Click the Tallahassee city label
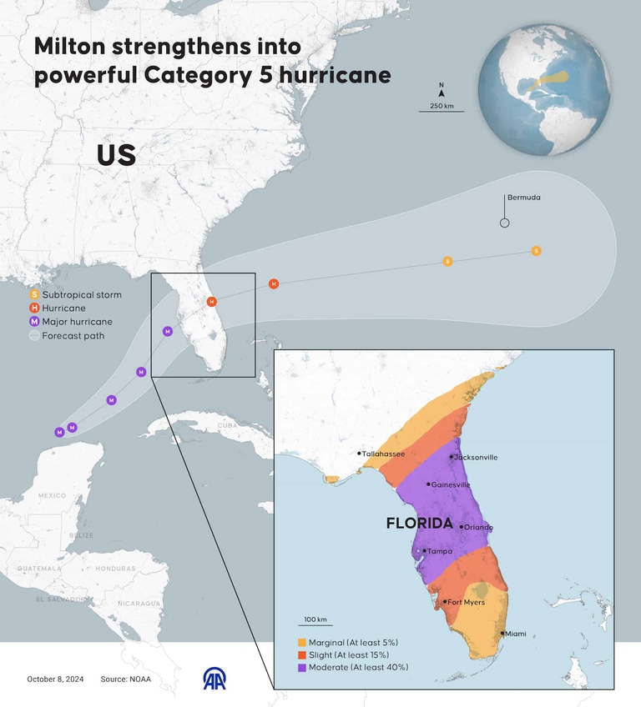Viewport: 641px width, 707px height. (x=384, y=454)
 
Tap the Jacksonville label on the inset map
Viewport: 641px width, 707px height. (x=477, y=457)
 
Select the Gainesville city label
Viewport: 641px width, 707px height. (x=451, y=484)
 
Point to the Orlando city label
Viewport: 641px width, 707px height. (x=478, y=527)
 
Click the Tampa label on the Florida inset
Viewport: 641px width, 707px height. (x=440, y=551)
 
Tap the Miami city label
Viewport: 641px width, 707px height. (x=515, y=634)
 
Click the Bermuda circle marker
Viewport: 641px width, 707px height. (x=504, y=223)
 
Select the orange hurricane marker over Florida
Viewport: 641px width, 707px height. (x=212, y=301)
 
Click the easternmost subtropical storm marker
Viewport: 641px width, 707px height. (x=536, y=251)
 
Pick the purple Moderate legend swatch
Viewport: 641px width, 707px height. (x=301, y=668)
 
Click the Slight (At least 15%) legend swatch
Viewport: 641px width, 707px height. (x=301, y=655)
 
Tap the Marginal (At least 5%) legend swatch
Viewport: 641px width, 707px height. (x=301, y=643)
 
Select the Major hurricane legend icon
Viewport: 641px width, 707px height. (x=34, y=321)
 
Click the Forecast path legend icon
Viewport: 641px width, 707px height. (x=34, y=336)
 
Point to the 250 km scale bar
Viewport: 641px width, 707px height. (x=442, y=111)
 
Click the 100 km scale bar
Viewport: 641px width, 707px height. (x=315, y=627)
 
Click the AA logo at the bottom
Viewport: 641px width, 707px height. (x=215, y=679)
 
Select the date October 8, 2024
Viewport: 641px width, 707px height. (x=55, y=679)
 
